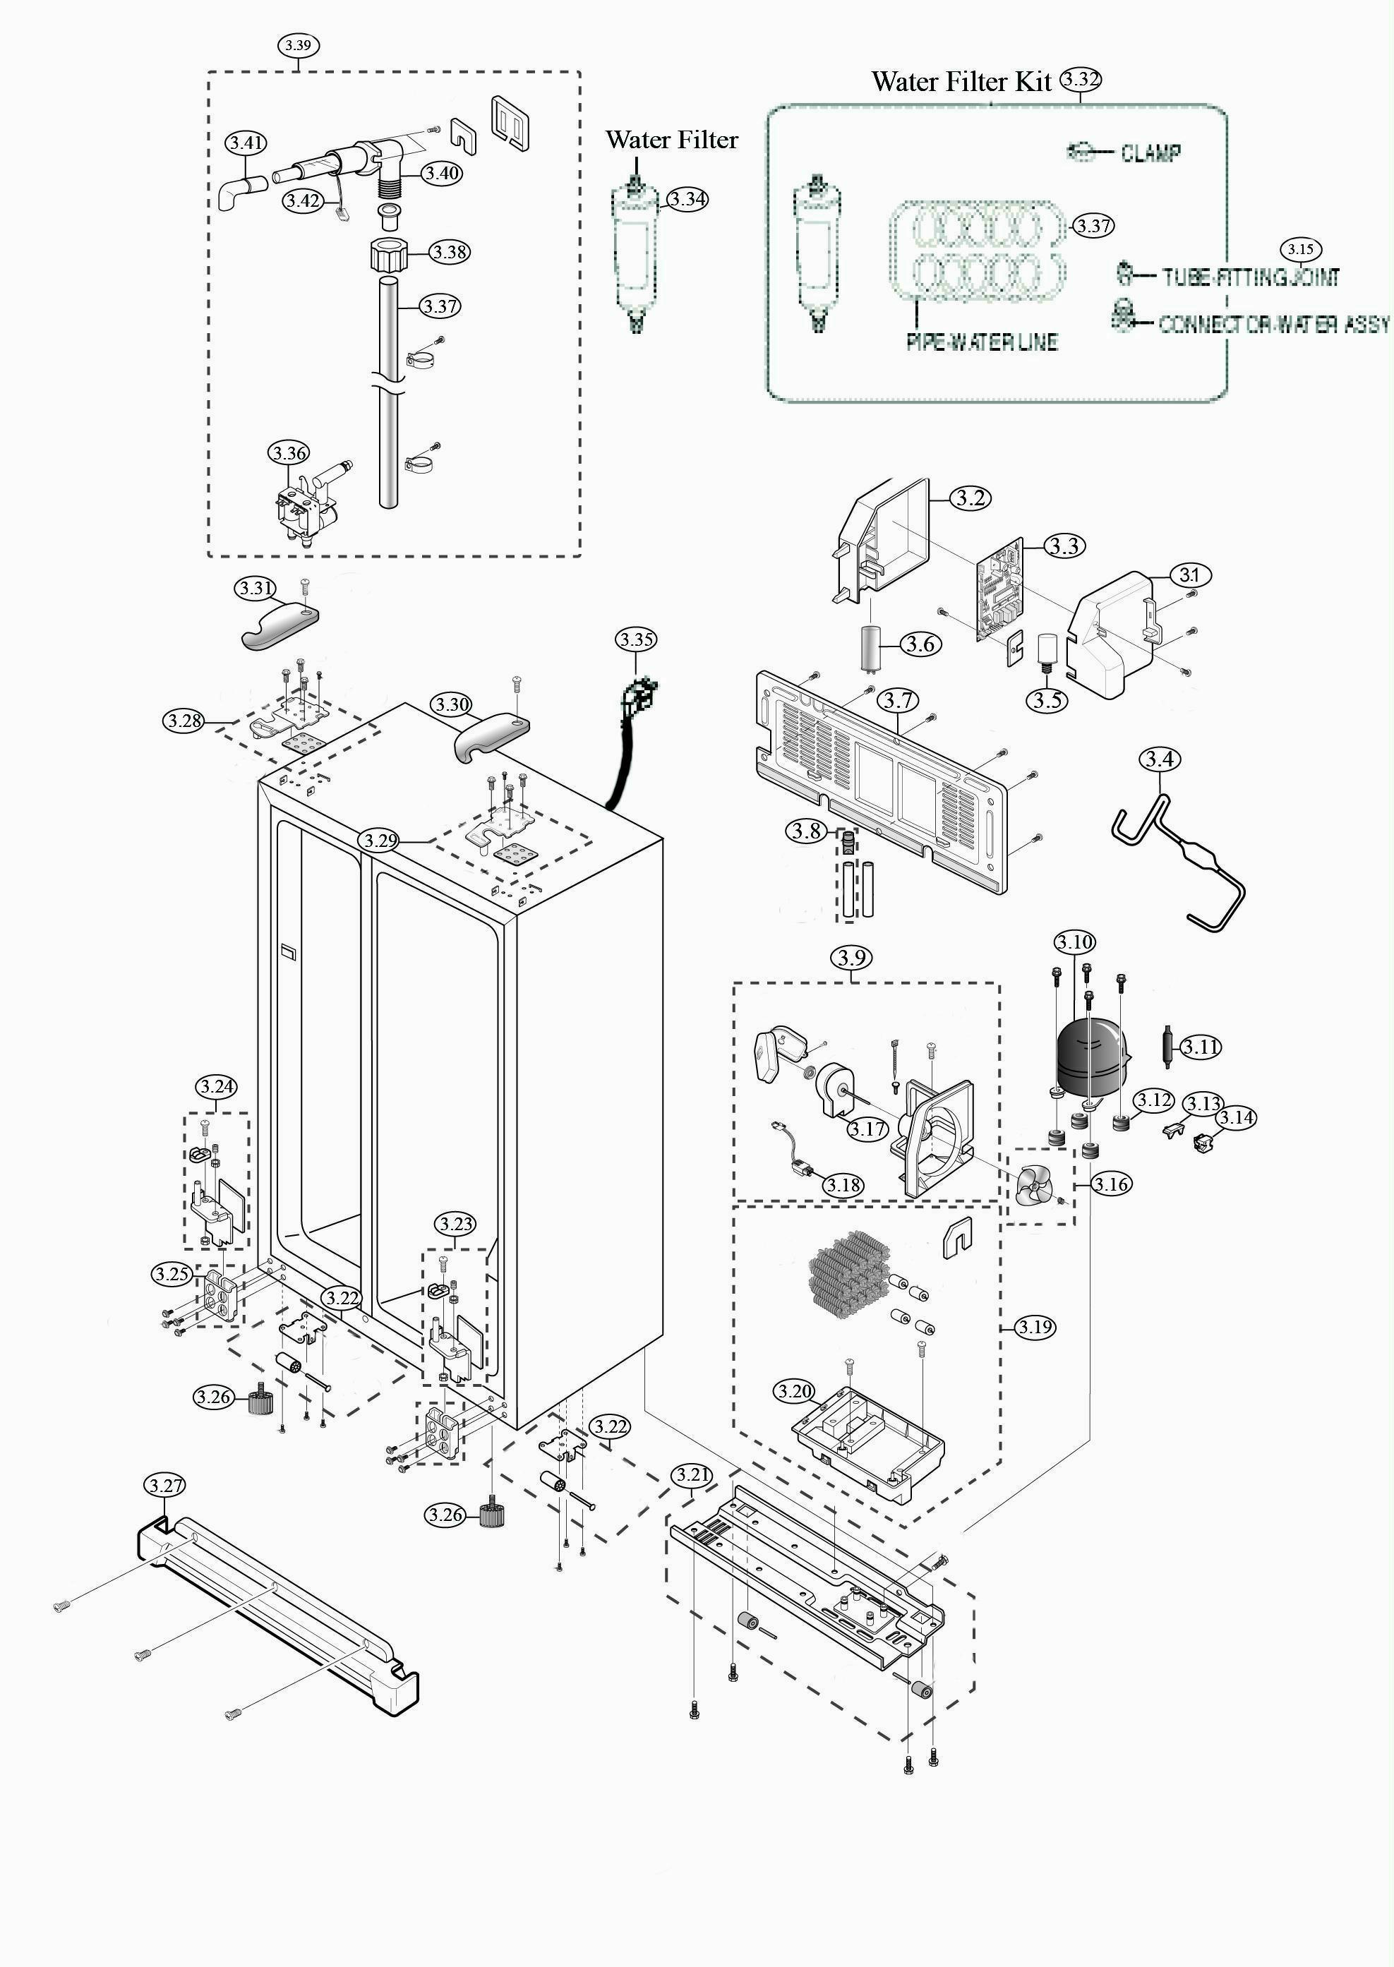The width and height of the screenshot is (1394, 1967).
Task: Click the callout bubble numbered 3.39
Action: (298, 45)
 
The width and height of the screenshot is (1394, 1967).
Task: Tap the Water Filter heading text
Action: (671, 139)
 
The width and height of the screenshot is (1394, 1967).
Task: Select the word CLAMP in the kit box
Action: (1150, 152)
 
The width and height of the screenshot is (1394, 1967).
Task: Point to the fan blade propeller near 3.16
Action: (1035, 1189)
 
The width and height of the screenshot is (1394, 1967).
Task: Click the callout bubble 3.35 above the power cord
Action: (636, 639)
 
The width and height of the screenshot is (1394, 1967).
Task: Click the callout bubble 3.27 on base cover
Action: (164, 1485)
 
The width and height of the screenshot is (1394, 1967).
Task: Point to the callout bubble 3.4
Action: (1159, 759)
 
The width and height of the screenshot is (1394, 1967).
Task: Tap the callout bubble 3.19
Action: (1035, 1327)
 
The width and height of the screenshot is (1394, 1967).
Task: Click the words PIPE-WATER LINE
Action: (982, 342)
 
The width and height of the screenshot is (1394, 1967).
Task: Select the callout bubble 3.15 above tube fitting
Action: (1300, 250)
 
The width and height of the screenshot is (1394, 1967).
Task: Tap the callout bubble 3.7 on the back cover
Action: (898, 700)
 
